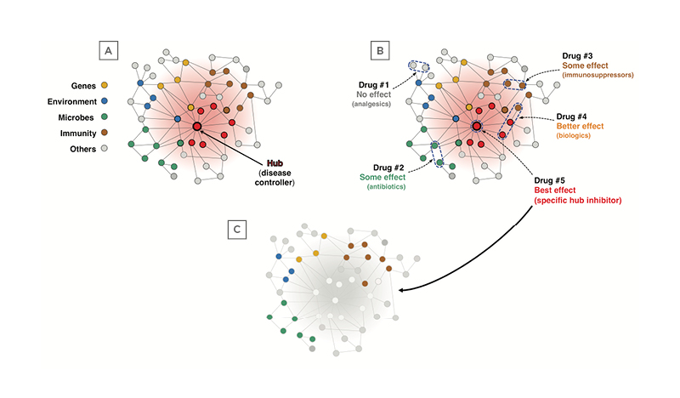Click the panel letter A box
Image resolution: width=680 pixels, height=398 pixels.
pos(108,52)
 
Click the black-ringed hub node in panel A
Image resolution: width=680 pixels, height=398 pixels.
pos(196,127)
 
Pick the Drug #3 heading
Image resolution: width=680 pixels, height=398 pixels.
pos(581,56)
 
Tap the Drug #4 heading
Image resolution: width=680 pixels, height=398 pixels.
pos(575,116)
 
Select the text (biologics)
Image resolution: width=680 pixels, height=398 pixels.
pos(575,136)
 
